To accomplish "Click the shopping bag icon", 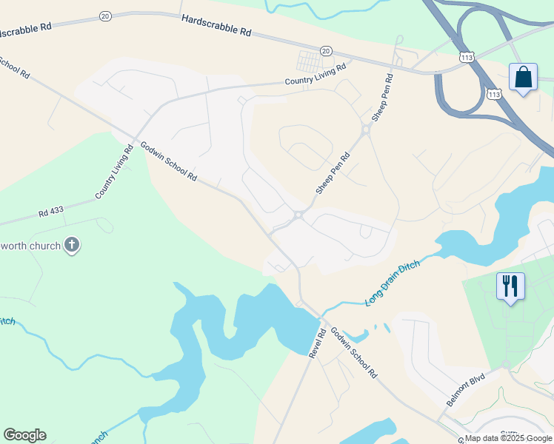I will (x=524, y=78).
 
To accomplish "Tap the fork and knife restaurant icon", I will (x=510, y=286).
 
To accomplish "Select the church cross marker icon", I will (x=72, y=245).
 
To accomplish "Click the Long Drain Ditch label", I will (x=393, y=283).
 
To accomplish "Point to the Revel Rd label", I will (x=319, y=345).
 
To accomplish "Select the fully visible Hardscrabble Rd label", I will (x=216, y=27).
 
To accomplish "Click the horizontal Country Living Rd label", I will (x=316, y=75).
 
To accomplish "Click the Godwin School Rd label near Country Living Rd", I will (x=168, y=161).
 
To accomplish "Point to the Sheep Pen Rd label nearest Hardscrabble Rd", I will (x=381, y=98).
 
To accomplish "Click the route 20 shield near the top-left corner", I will (x=104, y=16).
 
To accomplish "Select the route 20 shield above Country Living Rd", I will (x=326, y=50).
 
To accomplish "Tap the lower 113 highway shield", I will (x=494, y=94).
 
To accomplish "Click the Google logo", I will (x=24, y=435).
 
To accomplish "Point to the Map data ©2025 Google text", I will (x=508, y=438).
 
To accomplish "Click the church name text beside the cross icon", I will (x=30, y=245).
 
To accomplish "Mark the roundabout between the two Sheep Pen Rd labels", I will (x=365, y=130).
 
